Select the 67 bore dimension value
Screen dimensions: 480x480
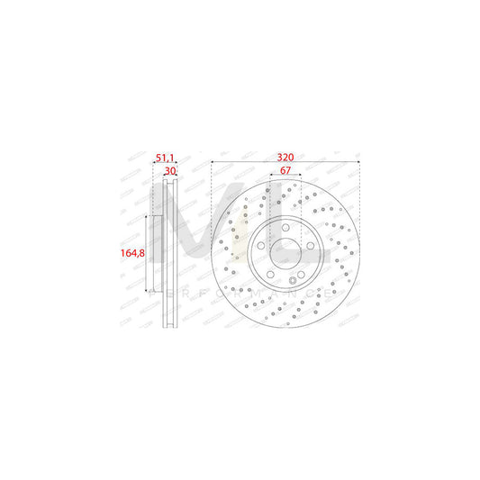tap(284, 171)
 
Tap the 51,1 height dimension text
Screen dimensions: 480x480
tap(166, 158)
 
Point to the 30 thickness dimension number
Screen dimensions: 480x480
tap(169, 171)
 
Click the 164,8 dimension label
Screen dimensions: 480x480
tap(132, 254)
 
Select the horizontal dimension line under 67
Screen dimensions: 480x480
tap(285, 178)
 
